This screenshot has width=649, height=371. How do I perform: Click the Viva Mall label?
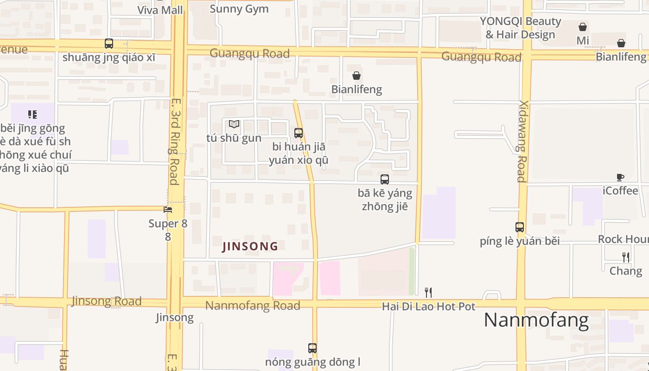160,10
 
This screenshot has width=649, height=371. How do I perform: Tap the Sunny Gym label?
239,9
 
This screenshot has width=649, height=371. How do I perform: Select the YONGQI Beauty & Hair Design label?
520,28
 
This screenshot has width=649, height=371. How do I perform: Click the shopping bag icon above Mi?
583,27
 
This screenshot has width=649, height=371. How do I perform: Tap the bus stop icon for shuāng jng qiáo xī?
109,44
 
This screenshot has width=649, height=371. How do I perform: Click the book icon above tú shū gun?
234,124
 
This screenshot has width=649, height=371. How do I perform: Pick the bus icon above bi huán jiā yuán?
299,133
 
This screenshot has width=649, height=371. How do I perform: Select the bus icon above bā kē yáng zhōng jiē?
385,179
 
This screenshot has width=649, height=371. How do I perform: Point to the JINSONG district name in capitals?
250,246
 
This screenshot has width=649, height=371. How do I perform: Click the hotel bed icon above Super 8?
168,210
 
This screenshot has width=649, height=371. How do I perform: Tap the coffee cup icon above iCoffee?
620,177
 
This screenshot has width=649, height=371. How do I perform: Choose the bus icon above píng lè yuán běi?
520,227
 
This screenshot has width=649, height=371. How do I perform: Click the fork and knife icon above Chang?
626,257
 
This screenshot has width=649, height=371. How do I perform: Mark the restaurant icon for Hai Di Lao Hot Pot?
428,292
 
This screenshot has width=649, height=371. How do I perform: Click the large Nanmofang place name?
536,320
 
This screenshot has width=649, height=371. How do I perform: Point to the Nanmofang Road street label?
253,306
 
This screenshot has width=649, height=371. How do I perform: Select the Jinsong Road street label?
107,301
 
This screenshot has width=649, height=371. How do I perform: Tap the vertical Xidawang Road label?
522,141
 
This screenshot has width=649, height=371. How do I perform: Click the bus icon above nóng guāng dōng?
312,348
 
